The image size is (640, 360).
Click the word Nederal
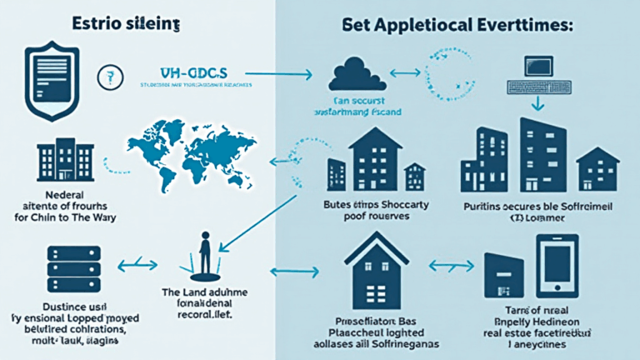click(x=64, y=192)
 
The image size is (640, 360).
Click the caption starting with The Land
click(x=204, y=296)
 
